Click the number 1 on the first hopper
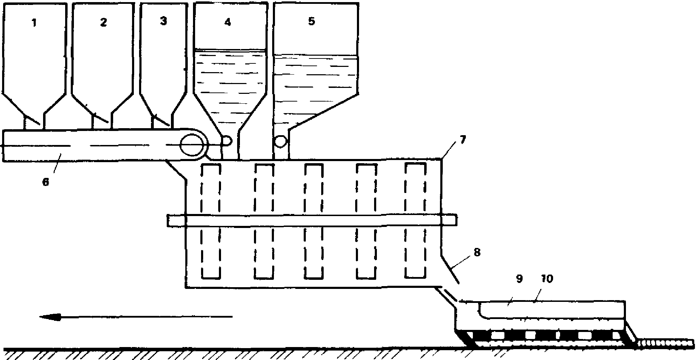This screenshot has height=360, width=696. (x=34, y=23)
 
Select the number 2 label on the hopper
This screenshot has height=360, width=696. (x=103, y=22)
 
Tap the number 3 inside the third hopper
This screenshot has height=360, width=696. (x=163, y=21)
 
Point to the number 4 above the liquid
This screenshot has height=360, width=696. (x=228, y=22)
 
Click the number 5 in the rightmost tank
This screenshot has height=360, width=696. (x=311, y=21)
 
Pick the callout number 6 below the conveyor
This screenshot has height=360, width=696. (x=46, y=182)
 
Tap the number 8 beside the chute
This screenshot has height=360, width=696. (x=477, y=252)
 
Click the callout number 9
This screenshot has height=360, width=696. (x=519, y=279)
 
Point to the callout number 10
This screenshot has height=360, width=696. (x=546, y=279)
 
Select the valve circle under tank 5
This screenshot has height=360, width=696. (x=281, y=141)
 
